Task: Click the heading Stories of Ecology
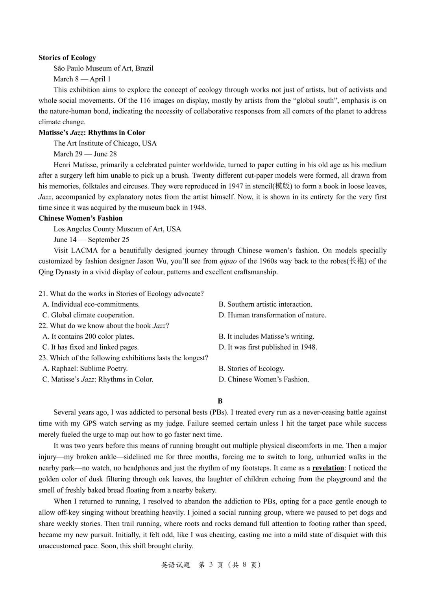(x=67, y=58)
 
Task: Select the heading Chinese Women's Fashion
(x=80, y=218)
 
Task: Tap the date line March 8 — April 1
(x=82, y=79)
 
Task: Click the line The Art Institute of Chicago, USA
(x=105, y=144)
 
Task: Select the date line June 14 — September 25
(x=91, y=240)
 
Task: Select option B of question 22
(x=266, y=337)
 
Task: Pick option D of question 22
(x=268, y=347)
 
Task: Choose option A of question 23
(x=85, y=369)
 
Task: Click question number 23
(x=42, y=358)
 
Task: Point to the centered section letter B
(x=220, y=401)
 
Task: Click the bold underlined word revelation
(x=328, y=468)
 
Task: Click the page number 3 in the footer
(x=211, y=565)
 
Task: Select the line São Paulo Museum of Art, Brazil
(x=103, y=68)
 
